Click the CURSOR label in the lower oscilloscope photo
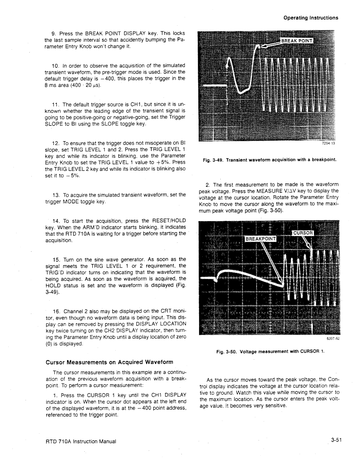click(303, 232)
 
